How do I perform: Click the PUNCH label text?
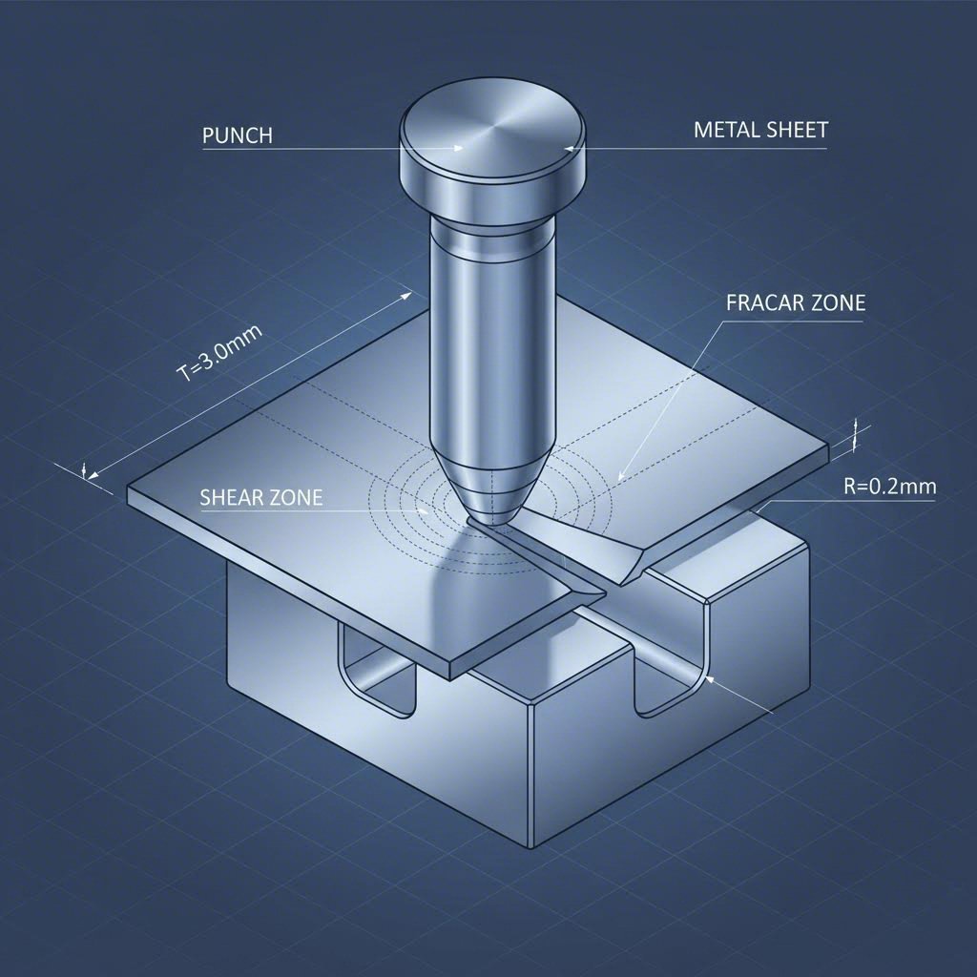[238, 135]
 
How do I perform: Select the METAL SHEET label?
[760, 131]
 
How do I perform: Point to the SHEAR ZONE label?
[261, 497]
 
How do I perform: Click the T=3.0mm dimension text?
[220, 354]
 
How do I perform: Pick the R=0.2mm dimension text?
[889, 487]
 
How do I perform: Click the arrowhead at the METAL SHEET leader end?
[570, 148]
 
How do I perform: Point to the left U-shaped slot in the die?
[379, 668]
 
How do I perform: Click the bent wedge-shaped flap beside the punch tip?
[582, 544]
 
